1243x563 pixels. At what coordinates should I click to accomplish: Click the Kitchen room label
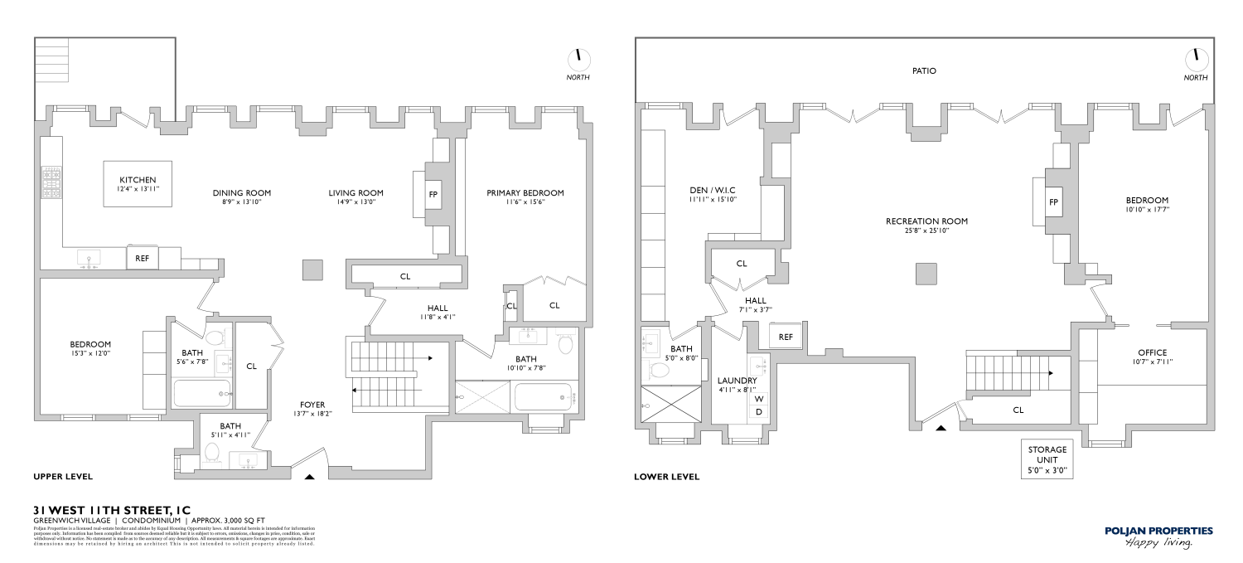coord(138,181)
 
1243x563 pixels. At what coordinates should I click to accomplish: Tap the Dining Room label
coord(241,193)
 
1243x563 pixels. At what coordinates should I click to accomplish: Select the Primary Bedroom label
coord(525,193)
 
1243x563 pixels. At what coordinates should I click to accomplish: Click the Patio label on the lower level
coord(924,71)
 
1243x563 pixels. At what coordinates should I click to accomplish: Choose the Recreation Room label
coord(926,221)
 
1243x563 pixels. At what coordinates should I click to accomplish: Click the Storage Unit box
coord(1047,459)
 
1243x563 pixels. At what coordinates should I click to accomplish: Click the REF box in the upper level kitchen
coord(143,258)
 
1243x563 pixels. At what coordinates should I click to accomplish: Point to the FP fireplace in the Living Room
coord(433,194)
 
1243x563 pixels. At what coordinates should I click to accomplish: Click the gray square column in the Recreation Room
coord(926,274)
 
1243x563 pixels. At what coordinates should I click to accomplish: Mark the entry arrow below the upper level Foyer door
coord(310,477)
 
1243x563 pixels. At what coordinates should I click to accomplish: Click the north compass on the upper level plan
coord(578,59)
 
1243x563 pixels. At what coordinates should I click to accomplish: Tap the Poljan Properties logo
coord(1158,536)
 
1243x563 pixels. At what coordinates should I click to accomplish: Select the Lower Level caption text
coord(666,477)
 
